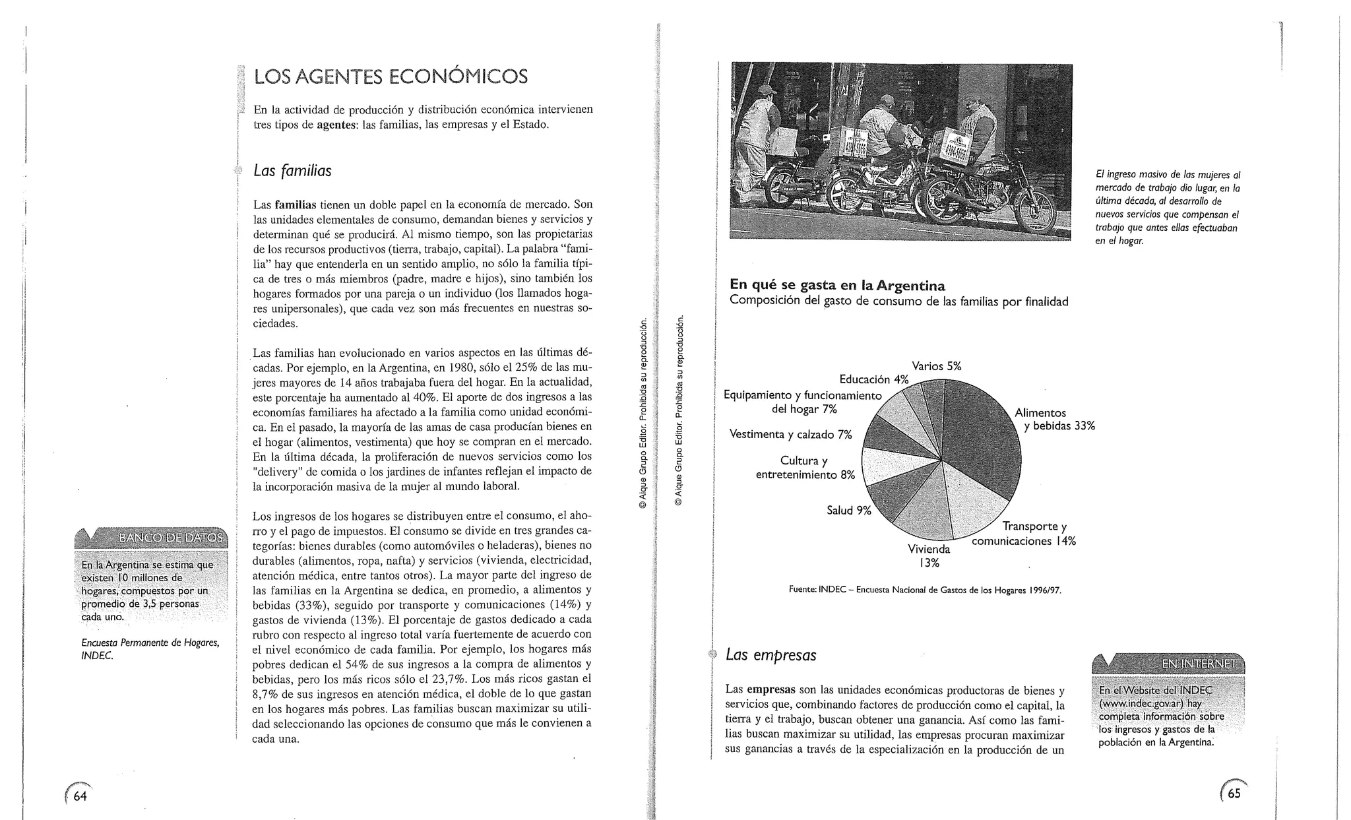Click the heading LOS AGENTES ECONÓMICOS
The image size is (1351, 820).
coord(391,77)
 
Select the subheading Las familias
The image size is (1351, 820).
coord(292,171)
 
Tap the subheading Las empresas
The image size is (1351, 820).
coord(770,655)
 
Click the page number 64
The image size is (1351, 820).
coord(79,796)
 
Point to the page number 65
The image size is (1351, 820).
coord(1234,793)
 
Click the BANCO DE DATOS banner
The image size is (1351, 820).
coord(170,538)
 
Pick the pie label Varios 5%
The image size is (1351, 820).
coord(936,366)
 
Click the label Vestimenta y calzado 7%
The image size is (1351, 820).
coord(790,434)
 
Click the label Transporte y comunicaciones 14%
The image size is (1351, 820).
coord(1024,534)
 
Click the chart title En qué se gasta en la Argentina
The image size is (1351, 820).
coord(837,286)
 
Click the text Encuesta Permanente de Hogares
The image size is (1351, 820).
coord(150,643)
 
